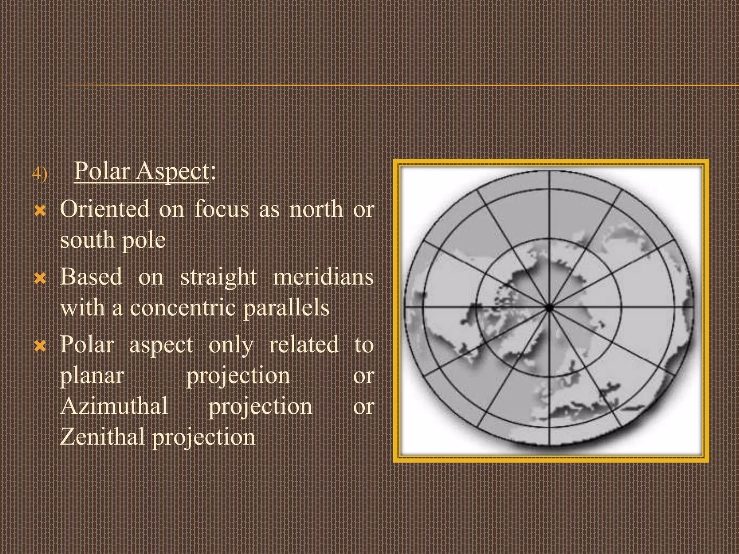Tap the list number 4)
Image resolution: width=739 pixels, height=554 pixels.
point(39,174)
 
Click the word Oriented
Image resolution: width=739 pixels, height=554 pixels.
point(105,209)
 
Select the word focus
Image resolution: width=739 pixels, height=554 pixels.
point(222,209)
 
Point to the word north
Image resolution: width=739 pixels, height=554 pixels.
point(316,209)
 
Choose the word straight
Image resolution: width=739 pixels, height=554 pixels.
point(218,278)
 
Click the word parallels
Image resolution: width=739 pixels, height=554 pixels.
point(286,308)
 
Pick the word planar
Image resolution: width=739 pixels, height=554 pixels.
point(92,377)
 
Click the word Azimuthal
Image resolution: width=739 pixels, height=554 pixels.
point(114,406)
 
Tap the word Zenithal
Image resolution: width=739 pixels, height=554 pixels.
point(102,437)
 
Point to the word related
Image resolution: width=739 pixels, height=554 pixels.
point(304,345)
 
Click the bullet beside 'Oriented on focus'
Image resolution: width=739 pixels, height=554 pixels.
point(40,211)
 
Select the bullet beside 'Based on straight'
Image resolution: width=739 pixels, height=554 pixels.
point(40,278)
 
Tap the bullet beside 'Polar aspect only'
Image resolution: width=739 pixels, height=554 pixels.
point(40,346)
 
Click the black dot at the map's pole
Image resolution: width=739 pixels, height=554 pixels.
point(549,308)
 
